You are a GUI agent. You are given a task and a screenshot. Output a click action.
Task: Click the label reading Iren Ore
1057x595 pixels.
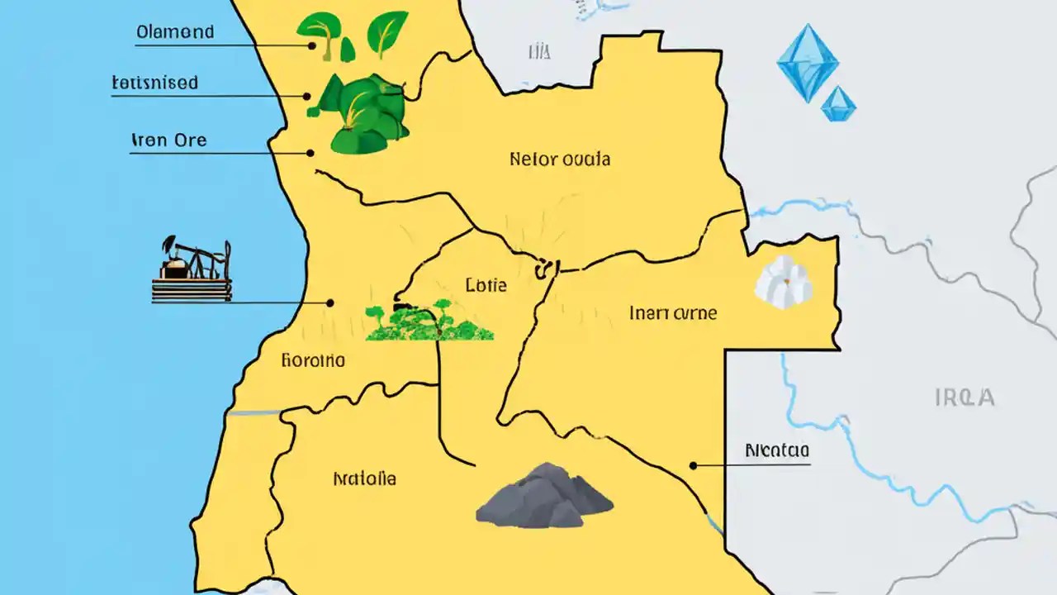tap(168, 140)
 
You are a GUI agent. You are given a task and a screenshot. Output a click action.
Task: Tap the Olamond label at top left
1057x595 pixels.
tap(175, 32)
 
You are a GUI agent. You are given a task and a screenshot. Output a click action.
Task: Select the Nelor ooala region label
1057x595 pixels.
tap(560, 159)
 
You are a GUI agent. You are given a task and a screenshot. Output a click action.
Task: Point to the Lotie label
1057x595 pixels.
tap(486, 286)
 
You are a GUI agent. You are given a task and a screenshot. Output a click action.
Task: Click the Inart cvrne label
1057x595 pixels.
tap(673, 313)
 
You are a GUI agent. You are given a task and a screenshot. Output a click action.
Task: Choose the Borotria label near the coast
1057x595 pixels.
tap(313, 360)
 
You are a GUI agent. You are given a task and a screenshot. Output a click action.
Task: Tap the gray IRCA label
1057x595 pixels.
tap(965, 397)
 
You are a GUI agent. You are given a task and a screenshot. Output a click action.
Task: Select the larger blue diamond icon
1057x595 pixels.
tap(808, 63)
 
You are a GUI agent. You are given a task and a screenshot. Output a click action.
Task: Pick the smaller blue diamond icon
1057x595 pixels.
tap(838, 104)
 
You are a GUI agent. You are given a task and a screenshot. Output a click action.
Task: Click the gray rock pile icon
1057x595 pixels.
tap(544, 496)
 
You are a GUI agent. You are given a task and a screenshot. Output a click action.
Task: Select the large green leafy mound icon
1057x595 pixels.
tap(366, 116)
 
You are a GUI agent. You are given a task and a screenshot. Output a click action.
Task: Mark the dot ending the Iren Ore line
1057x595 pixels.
tap(311, 153)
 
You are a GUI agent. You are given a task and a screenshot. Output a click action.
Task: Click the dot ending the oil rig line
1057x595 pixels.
tap(330, 302)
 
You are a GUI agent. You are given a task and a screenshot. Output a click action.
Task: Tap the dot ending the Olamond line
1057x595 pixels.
tap(312, 45)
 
